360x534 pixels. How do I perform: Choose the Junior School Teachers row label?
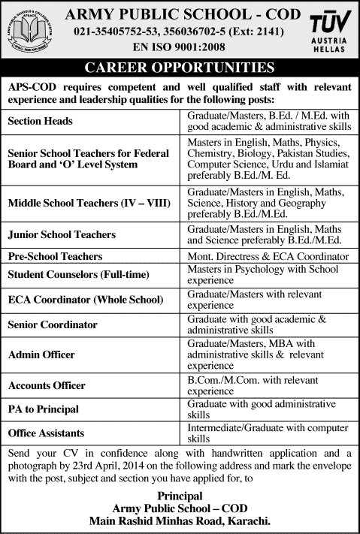click(x=62, y=235)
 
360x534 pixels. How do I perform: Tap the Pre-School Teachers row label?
click(x=55, y=256)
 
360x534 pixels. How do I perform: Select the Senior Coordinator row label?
click(x=53, y=324)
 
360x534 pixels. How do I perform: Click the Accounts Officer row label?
click(x=47, y=385)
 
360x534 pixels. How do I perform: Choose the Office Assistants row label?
click(x=46, y=433)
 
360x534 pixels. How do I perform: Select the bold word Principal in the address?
click(x=180, y=496)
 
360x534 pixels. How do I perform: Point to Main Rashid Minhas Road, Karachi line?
click(x=180, y=520)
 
